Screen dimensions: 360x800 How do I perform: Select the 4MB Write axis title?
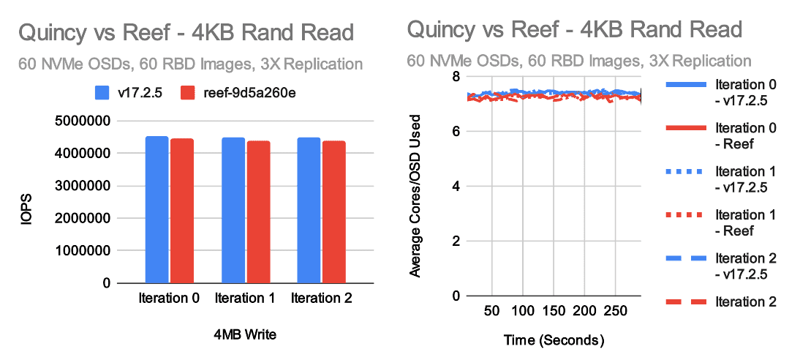click(245, 335)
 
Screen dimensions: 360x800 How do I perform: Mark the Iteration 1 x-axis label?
click(245, 298)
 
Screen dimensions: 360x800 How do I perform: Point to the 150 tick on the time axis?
click(554, 311)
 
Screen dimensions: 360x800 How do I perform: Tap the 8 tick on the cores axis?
click(455, 77)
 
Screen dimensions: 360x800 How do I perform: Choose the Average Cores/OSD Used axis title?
click(415, 195)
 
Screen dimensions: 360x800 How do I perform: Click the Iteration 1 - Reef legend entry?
click(744, 222)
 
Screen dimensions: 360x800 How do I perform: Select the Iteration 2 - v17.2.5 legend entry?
click(744, 266)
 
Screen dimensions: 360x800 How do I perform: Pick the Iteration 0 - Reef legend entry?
click(744, 135)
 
